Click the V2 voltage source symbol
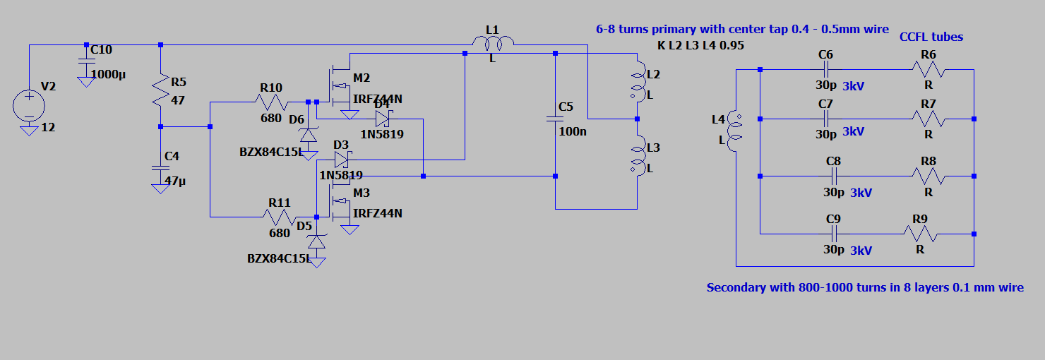(29, 106)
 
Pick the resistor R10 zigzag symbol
(272, 102)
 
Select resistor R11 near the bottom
(280, 217)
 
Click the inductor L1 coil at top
(492, 44)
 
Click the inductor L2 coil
(638, 83)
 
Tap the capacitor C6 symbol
(825, 70)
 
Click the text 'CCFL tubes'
(931, 37)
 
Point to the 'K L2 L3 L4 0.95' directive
(700, 46)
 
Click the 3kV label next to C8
(861, 192)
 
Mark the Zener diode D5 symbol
(317, 242)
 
